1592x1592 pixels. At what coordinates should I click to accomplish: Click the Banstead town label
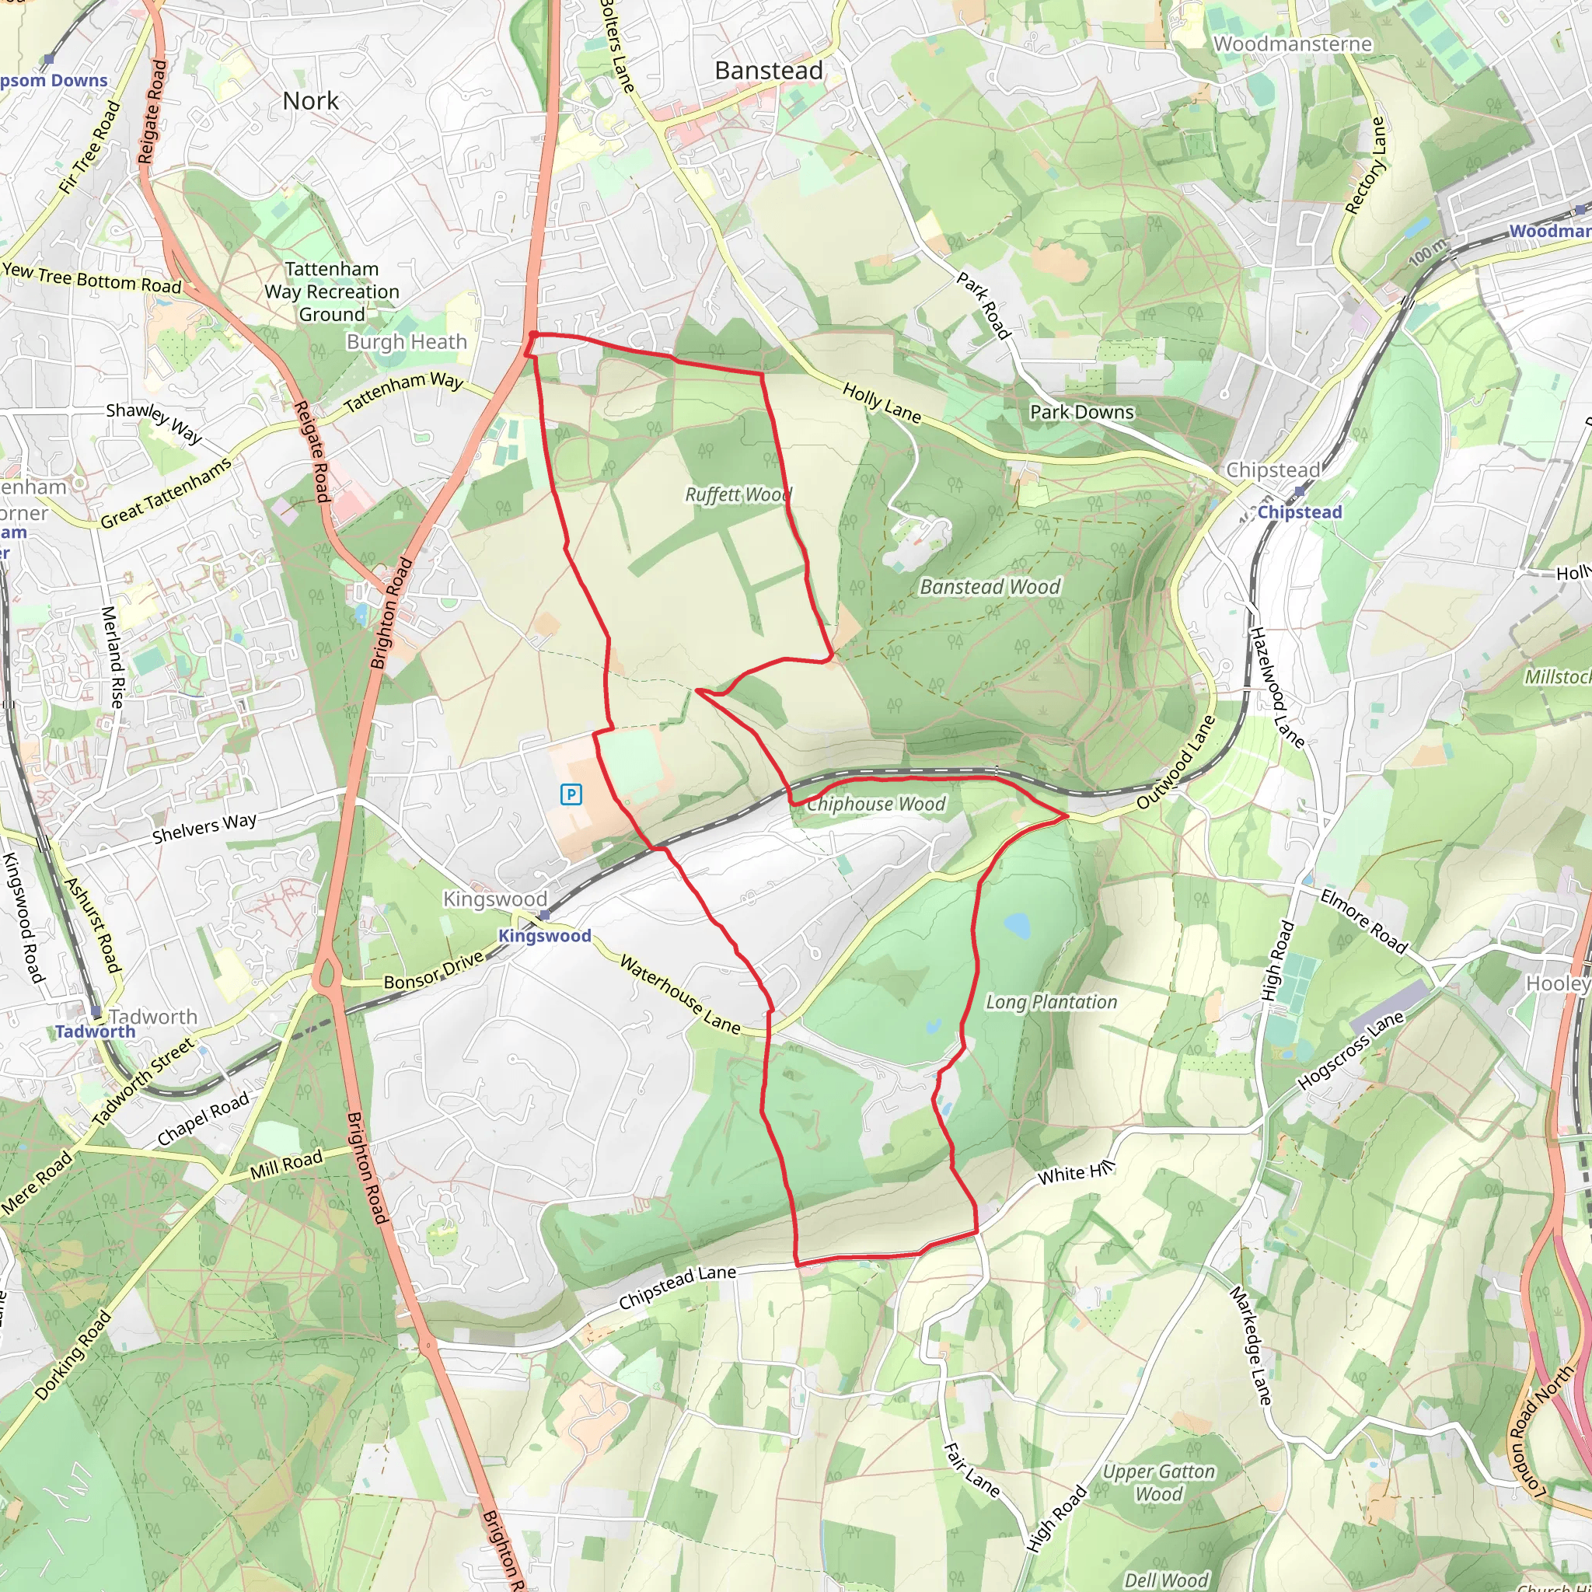tap(768, 71)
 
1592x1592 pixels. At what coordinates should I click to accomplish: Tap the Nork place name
tap(311, 101)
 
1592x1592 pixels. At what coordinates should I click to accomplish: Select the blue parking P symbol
tap(571, 794)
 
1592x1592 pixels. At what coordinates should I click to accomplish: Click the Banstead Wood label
tap(990, 587)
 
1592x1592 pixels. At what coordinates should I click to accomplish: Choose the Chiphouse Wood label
tap(876, 805)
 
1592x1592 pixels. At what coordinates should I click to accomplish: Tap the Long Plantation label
tap(1052, 1002)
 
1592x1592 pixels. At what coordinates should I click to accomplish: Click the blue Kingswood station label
tap(545, 936)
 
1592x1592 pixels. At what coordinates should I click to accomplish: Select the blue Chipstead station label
tap(1299, 512)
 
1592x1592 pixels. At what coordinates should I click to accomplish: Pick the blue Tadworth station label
tap(96, 1032)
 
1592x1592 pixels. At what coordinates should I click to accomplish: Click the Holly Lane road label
tap(882, 403)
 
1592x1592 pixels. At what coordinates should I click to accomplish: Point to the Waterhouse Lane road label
tap(680, 994)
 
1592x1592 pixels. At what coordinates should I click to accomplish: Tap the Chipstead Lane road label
tap(677, 1287)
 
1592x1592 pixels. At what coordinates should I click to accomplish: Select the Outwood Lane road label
tap(1176, 763)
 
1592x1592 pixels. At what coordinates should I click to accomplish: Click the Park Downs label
tap(1081, 412)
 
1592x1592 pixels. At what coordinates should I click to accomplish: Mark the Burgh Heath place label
tap(407, 342)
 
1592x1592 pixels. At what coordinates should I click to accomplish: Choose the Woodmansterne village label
tap(1292, 44)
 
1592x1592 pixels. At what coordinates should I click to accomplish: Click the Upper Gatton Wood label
tap(1158, 1483)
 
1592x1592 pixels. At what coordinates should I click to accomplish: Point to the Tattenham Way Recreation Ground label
tap(331, 292)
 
